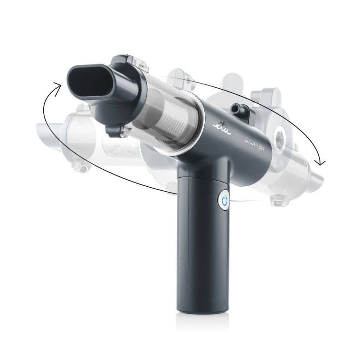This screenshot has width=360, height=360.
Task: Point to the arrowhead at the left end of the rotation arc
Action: [56, 85]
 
